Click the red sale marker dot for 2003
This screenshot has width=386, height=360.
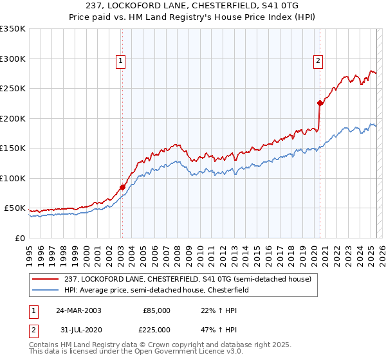click(x=122, y=188)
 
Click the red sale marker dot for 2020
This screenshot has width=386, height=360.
click(x=320, y=103)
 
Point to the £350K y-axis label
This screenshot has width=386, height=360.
click(x=13, y=29)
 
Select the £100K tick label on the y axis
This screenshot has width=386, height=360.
click(x=13, y=178)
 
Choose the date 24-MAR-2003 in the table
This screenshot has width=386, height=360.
click(x=78, y=310)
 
